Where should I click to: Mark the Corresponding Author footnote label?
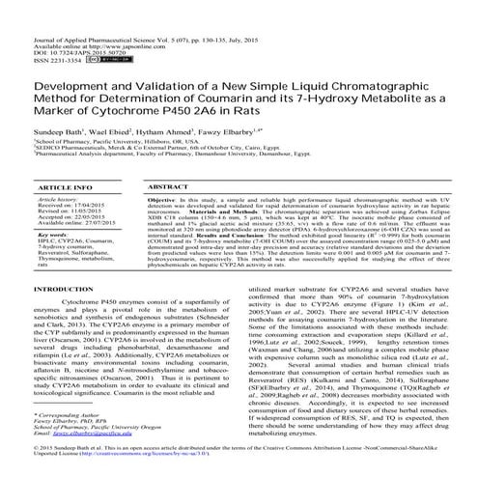[x=44, y=420]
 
